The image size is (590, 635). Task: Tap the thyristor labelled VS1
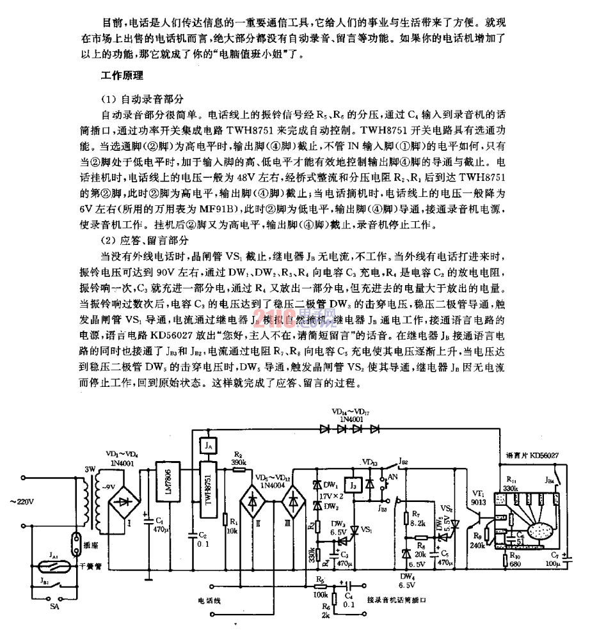(353, 528)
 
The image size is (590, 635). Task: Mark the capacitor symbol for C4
(347, 584)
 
